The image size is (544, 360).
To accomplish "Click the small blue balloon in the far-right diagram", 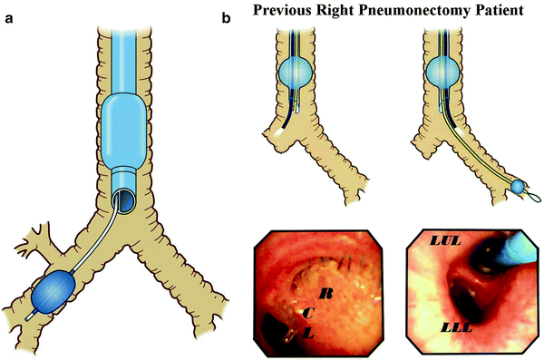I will click(519, 187).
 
